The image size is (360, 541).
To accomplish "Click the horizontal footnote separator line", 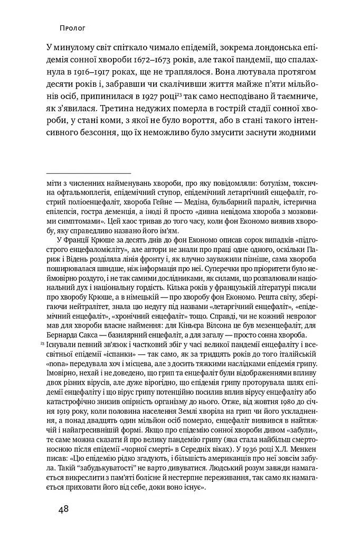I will pyautogui.click(x=88, y=173).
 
